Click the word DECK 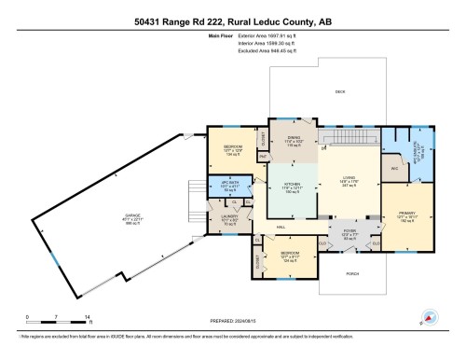pos(340,91)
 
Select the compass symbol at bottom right pos(428,318)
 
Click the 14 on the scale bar pos(86,318)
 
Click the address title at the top pos(233,20)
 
